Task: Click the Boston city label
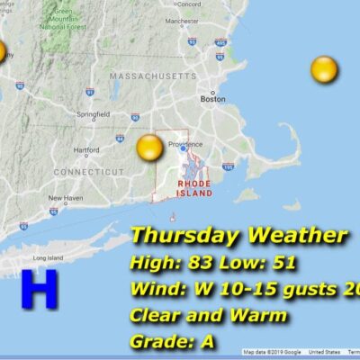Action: click(x=212, y=100)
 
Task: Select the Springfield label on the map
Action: click(x=94, y=114)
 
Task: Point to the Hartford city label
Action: click(x=86, y=149)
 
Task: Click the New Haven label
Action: click(x=65, y=198)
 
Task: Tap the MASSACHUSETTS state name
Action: click(x=152, y=77)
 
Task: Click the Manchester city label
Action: click(x=207, y=20)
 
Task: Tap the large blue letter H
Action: click(x=39, y=291)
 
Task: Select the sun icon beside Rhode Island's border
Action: click(x=149, y=148)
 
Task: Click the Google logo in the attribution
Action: click(x=291, y=353)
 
